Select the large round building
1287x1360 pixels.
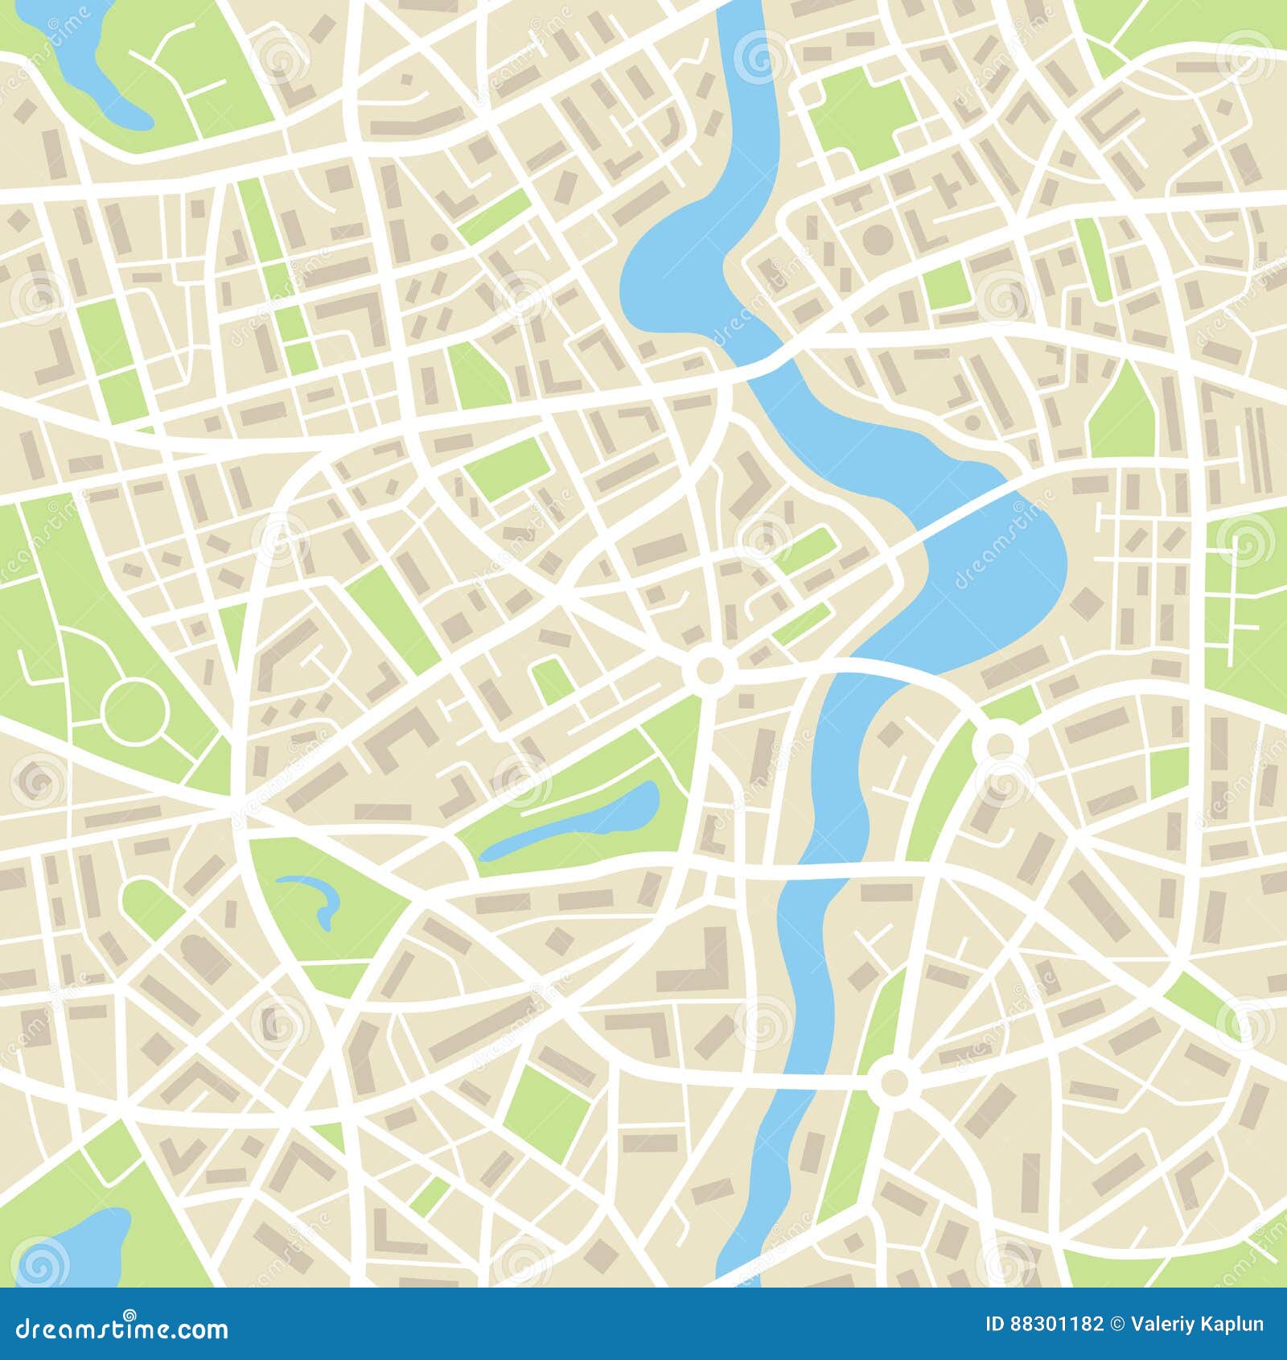878,239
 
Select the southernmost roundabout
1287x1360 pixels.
892,1082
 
